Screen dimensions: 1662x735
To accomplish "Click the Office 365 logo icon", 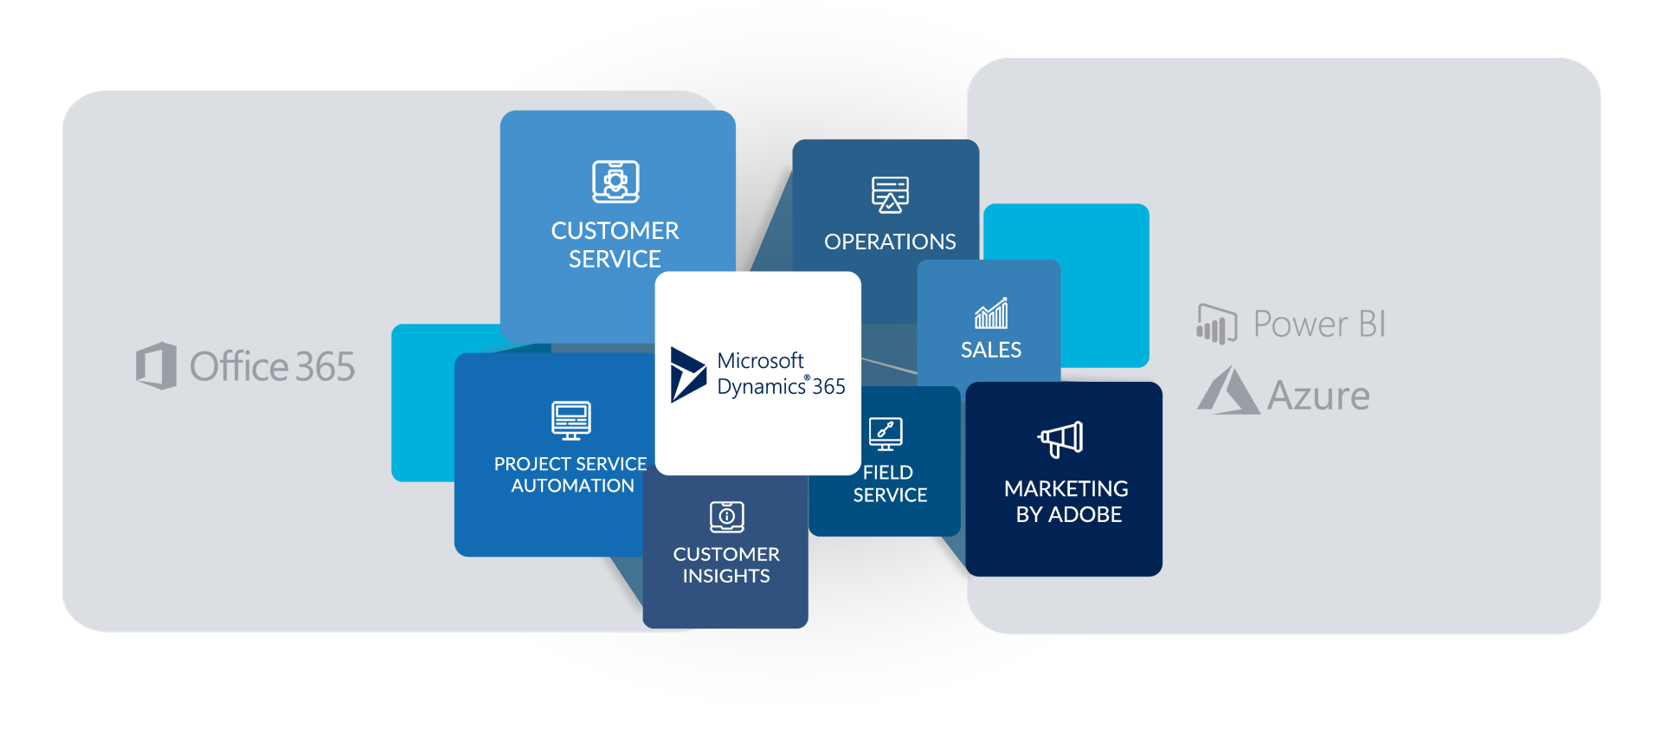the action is click(x=157, y=365).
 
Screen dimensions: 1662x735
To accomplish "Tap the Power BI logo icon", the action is click(x=1216, y=324).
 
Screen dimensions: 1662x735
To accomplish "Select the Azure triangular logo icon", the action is click(x=1228, y=390).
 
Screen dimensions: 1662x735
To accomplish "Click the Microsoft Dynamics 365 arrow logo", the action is click(x=688, y=375).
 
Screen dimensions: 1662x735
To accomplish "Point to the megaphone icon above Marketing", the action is click(x=1061, y=439).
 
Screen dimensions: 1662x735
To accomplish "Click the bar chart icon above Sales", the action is click(x=991, y=313).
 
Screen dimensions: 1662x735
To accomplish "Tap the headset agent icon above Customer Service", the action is click(x=615, y=182).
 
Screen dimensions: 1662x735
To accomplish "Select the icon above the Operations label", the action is click(x=890, y=195).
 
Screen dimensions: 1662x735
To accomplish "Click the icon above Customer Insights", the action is click(x=727, y=517).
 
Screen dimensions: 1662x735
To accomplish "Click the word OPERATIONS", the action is click(x=890, y=242).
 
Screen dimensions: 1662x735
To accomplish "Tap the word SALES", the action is click(x=991, y=350).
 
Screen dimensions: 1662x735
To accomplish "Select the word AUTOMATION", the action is click(x=572, y=486).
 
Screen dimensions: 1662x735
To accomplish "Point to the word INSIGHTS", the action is click(x=726, y=576).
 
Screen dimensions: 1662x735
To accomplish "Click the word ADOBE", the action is click(x=1085, y=515).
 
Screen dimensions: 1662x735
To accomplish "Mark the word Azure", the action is click(x=1318, y=397).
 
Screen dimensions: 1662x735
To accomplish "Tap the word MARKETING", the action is click(x=1066, y=489).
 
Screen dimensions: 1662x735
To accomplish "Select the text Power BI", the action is click(x=1319, y=324).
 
